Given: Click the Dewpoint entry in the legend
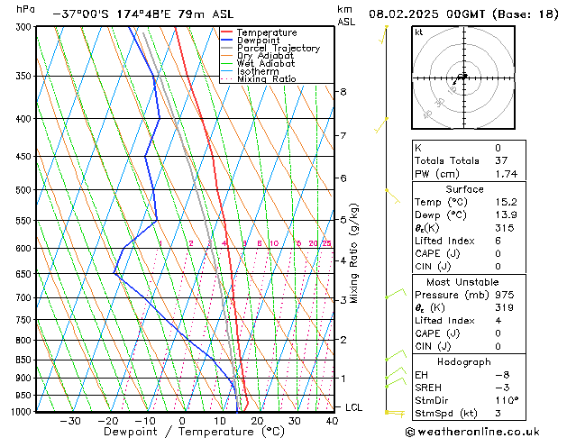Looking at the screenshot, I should point(261,41).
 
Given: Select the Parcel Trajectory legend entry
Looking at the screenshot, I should point(278,49).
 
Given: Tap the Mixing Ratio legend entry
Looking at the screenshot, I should point(267,79).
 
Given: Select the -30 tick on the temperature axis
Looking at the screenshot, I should point(69,421).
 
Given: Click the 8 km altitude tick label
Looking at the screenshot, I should point(343,92).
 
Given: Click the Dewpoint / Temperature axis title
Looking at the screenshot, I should point(180,432).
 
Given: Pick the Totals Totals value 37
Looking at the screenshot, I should point(498,160).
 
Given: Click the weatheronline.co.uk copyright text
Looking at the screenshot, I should point(488,431).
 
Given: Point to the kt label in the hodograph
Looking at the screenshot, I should point(418,32).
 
